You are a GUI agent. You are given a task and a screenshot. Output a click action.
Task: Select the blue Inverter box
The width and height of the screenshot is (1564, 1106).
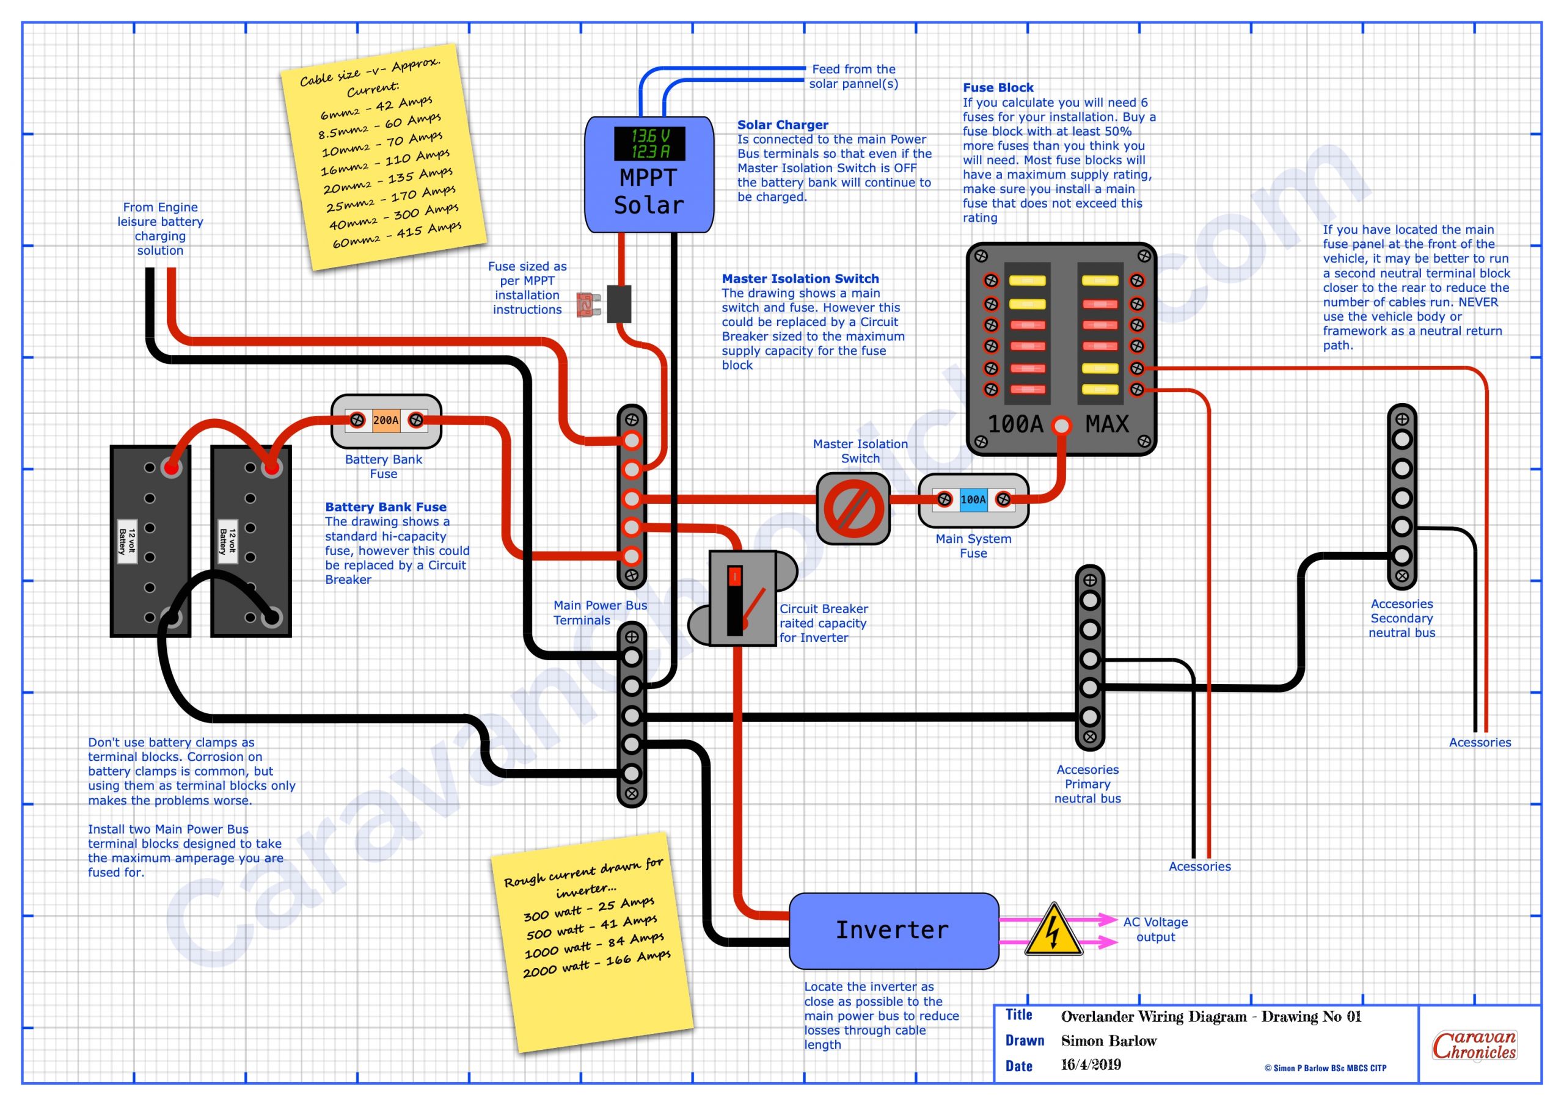[x=893, y=930]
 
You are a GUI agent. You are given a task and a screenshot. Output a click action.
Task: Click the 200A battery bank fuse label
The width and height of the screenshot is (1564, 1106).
[x=386, y=421]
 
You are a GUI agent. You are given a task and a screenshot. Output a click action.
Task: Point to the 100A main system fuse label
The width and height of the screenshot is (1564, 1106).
[x=973, y=500]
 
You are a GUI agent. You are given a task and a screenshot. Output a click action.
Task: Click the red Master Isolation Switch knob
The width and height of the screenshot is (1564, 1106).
[x=853, y=509]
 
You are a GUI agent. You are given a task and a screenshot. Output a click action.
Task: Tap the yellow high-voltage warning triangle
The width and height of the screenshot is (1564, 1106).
[x=1053, y=931]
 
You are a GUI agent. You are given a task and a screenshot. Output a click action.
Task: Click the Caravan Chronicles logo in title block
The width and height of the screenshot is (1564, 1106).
[x=1474, y=1046]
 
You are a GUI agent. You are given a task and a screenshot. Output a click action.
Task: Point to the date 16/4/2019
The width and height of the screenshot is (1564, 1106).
[x=1091, y=1065]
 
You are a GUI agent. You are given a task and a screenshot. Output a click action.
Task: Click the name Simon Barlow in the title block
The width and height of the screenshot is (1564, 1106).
[x=1108, y=1041]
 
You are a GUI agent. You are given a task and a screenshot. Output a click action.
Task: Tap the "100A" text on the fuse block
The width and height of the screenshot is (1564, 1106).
[x=1015, y=425]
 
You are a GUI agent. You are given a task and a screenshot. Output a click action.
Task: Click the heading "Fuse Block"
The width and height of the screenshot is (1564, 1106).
[x=998, y=88]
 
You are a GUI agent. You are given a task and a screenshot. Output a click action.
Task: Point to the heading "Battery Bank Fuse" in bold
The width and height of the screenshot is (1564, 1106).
[x=386, y=507]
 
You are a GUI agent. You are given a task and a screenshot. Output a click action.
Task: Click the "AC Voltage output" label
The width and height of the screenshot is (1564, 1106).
[x=1155, y=930]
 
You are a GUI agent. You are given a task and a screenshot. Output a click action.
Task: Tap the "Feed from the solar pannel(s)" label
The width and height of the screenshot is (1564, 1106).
[x=853, y=76]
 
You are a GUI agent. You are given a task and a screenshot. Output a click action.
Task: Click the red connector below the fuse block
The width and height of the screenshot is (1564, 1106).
[x=1061, y=426]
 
